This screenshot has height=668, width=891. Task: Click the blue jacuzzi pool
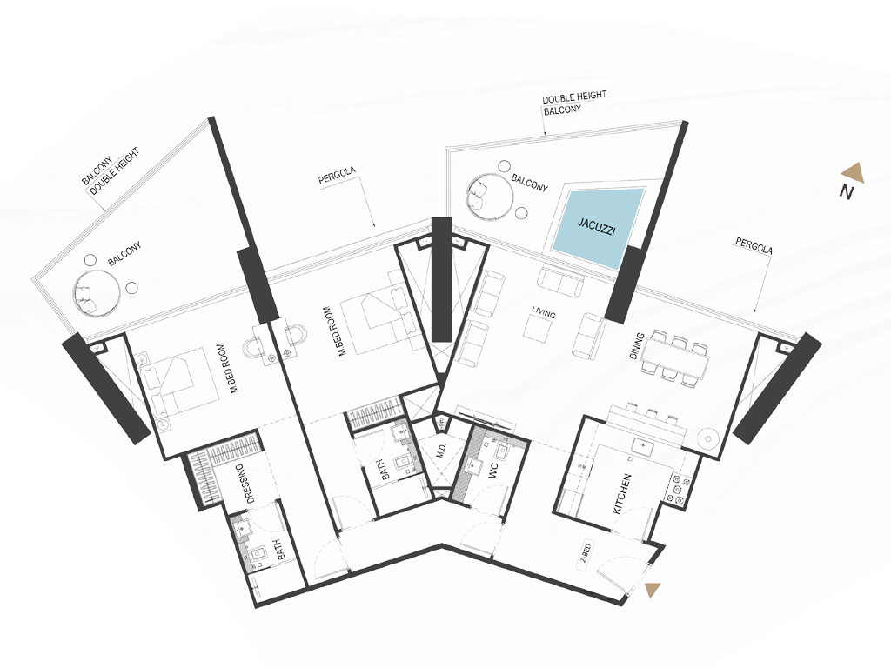(x=597, y=228)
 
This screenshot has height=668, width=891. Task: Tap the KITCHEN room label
(x=622, y=494)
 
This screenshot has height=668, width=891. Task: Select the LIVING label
(x=544, y=312)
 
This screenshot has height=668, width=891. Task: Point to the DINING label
(x=637, y=346)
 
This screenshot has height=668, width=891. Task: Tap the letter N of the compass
(x=847, y=192)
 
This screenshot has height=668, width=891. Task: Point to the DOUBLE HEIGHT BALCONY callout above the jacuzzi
(x=573, y=104)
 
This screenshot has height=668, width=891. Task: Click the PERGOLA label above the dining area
(x=754, y=246)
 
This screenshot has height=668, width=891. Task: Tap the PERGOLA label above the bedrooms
(x=337, y=176)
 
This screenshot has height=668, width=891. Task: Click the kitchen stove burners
(x=678, y=489)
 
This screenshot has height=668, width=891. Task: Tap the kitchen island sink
(x=643, y=447)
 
